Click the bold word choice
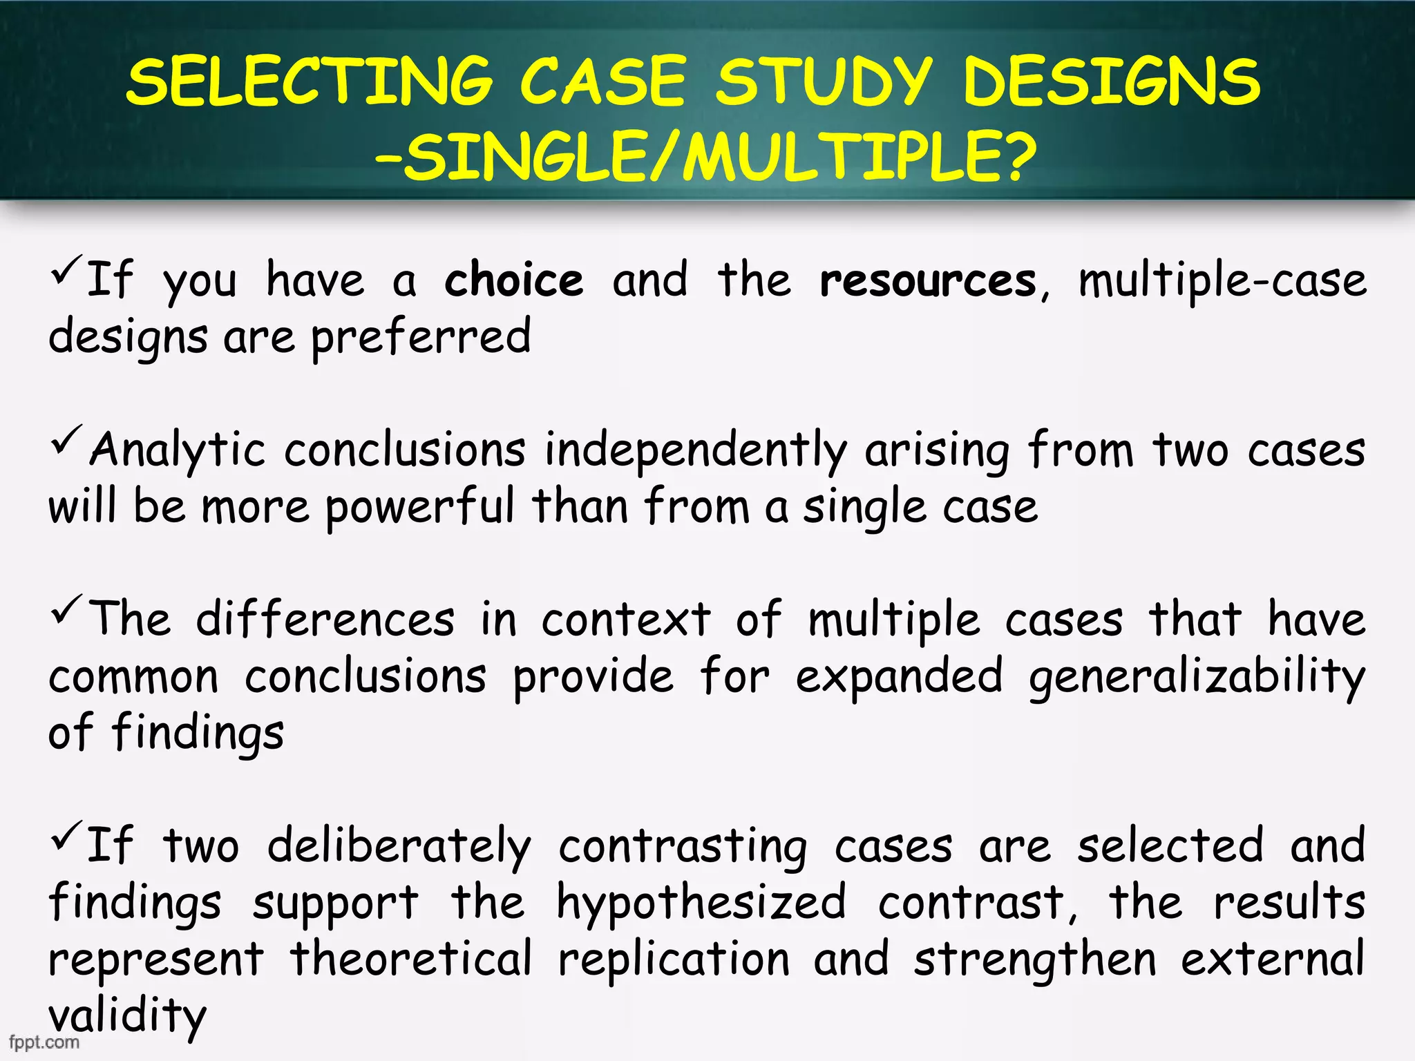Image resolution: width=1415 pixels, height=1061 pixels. click(513, 281)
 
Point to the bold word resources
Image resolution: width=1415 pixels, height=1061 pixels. click(927, 281)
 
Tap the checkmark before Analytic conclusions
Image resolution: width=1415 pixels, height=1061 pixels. click(66, 442)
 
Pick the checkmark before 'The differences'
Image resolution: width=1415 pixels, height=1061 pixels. click(66, 611)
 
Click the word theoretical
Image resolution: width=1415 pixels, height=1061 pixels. click(411, 960)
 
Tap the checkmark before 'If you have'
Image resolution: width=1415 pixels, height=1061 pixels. click(66, 271)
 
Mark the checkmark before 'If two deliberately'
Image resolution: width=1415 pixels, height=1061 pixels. click(66, 837)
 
